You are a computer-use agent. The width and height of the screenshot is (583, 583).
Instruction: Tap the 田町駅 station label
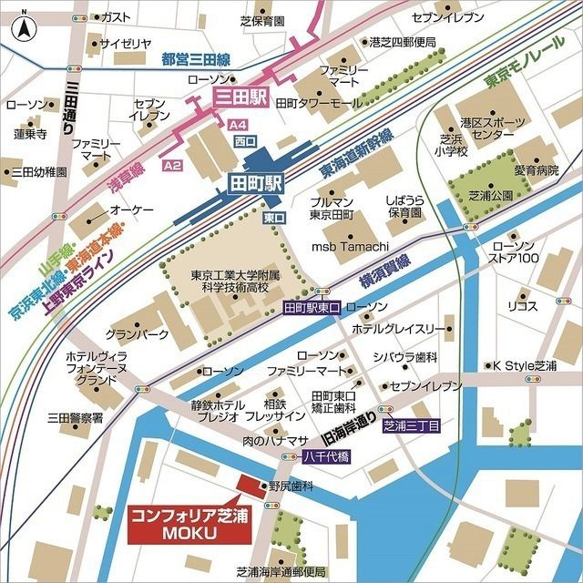click(255, 182)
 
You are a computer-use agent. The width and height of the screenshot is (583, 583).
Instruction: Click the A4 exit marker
click(239, 124)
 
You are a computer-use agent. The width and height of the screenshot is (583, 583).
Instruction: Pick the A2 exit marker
click(172, 165)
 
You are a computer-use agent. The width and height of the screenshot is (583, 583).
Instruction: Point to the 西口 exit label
click(245, 142)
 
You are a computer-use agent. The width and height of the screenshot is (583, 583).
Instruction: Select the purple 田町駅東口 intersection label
click(312, 308)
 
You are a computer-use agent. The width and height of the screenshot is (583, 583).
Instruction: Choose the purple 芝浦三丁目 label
click(411, 425)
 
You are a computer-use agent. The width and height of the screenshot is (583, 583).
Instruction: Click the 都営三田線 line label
click(196, 59)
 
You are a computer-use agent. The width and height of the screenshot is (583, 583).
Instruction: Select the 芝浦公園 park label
click(493, 195)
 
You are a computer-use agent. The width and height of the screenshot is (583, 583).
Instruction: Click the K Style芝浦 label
click(525, 365)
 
